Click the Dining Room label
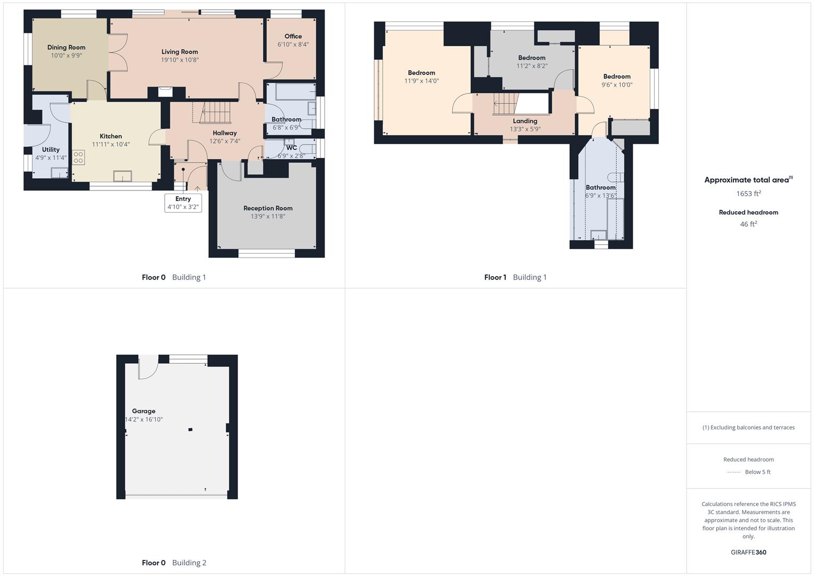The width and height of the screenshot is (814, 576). coord(66,47)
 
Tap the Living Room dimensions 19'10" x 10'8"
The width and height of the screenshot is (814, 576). coord(180,60)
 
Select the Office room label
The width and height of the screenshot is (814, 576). coord(293,36)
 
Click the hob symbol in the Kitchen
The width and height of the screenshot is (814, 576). coord(78,157)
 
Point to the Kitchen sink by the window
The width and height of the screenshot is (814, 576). coord(123,176)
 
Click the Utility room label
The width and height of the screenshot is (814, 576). coord(51,150)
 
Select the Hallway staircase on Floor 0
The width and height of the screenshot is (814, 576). coord(216,113)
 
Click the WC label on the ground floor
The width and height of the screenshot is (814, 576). coord(291,148)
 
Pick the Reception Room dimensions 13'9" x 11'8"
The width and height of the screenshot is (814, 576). coord(268,217)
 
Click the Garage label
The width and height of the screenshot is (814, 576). coord(143,411)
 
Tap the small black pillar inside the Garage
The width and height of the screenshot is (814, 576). coord(190,429)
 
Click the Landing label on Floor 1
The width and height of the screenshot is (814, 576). coord(525,121)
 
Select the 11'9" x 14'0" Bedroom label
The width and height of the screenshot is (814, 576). coord(421,73)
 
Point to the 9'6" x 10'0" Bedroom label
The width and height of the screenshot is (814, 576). coord(617,77)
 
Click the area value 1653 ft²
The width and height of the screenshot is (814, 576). coord(748,194)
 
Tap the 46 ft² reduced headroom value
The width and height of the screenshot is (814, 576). coord(748,224)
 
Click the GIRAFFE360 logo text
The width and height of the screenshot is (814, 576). coord(748,553)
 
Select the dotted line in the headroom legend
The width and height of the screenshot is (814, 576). coord(734,472)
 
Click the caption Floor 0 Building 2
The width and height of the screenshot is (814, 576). coord(174,563)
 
